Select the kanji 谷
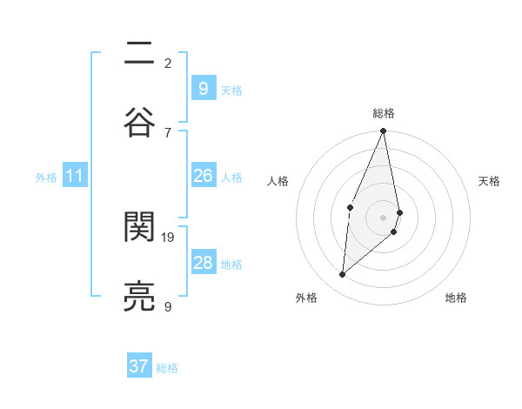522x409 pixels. coord(140,119)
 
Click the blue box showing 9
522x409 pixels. coord(203,88)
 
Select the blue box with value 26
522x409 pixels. coord(203,176)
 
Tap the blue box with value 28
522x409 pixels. coord(203,263)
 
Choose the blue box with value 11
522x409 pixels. coord(74,176)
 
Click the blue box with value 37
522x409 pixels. coord(138,366)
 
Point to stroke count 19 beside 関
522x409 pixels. coord(169,237)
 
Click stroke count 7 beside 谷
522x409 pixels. coord(168,132)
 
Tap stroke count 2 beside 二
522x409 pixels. coord(168,63)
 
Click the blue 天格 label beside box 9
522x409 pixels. coord(231,91)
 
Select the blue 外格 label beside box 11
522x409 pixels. coord(46,178)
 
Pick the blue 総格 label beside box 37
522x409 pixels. coord(167,368)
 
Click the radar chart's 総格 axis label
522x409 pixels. coord(384,113)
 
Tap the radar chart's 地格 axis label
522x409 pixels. coord(456,298)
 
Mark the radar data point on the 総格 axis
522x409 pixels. coord(383,131)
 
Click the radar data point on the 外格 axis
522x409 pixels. coord(343,274)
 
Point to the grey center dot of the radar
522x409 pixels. coord(383,217)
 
